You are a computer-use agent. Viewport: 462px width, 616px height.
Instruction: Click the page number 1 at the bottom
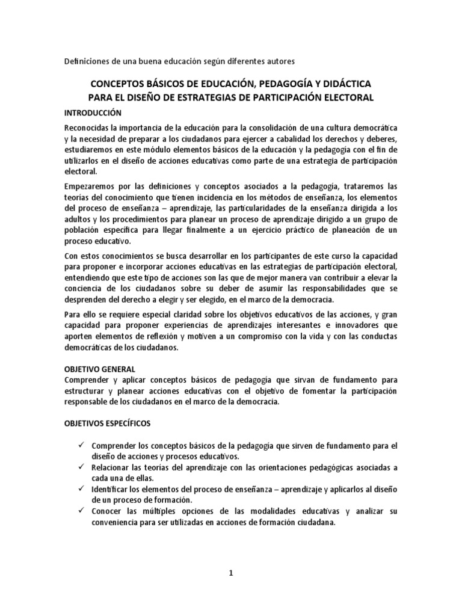tap(230, 573)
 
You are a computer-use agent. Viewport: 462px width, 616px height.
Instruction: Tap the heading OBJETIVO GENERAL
tap(99, 369)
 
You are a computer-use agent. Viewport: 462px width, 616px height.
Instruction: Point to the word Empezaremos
tap(91, 186)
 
